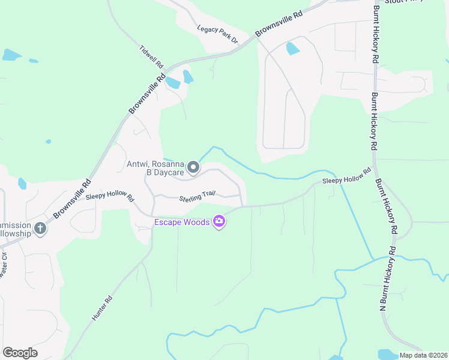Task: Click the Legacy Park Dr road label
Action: [x=218, y=34]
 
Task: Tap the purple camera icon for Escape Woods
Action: [x=219, y=223]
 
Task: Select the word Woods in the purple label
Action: [x=197, y=223]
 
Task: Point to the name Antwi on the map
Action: [x=138, y=164]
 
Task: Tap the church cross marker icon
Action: [x=40, y=228]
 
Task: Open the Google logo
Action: [x=20, y=353]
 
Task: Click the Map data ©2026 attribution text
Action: [x=423, y=355]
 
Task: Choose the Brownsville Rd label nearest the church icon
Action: [x=71, y=199]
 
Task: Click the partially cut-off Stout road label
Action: [x=400, y=2]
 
